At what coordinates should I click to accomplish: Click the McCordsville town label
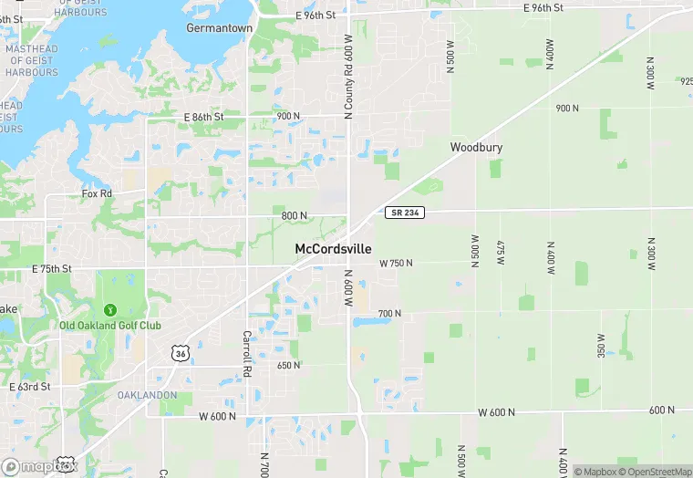tap(333, 248)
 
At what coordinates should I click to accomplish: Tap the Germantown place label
tap(219, 28)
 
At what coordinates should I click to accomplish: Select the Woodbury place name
tap(476, 147)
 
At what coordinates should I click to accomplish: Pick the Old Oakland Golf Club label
tap(110, 326)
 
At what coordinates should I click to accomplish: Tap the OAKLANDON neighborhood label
tap(147, 395)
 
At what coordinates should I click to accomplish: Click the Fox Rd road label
tap(97, 193)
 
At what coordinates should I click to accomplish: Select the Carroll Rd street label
tap(246, 354)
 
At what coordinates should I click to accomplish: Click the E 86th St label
tap(203, 117)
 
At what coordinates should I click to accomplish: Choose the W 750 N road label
tap(396, 263)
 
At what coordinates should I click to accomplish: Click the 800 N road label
tap(294, 215)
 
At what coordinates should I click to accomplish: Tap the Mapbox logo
tap(36, 466)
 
